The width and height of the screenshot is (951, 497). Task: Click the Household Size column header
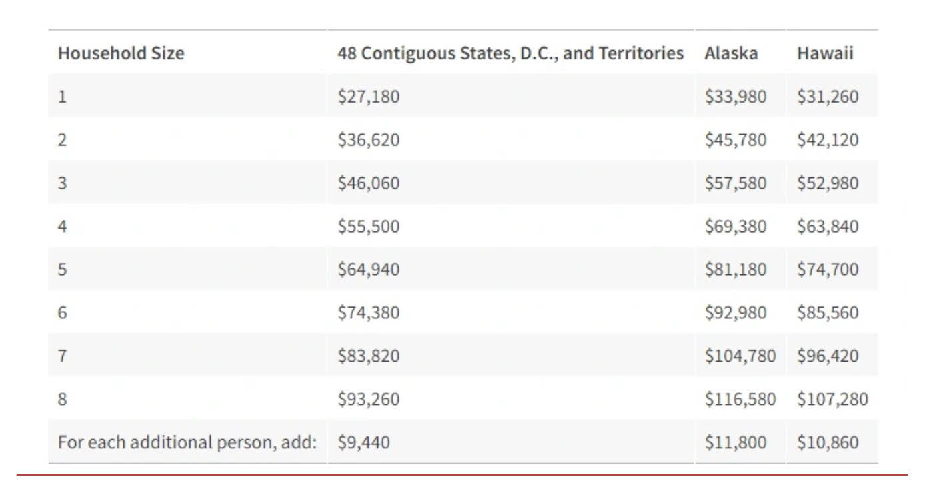121,53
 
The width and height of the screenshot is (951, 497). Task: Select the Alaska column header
730,53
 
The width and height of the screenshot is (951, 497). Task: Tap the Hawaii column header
824,53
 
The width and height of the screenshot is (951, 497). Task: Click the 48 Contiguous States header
510,53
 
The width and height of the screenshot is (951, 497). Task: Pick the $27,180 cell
368,97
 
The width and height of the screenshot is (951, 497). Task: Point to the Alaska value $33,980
735,97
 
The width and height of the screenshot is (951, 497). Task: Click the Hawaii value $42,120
827,140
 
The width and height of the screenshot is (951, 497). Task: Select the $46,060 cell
368,183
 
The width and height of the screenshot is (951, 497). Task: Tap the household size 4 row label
62,227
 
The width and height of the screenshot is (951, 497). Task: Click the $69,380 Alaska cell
735,227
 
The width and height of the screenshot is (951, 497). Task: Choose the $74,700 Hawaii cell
827,270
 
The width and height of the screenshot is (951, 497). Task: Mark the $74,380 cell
368,312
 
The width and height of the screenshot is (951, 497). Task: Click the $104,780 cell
740,356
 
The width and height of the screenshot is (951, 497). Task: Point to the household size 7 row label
62,356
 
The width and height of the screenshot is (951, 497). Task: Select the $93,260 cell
368,399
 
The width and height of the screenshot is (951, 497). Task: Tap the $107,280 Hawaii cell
832,399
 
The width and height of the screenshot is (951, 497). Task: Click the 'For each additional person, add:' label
187,442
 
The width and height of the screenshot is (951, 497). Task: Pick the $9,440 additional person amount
363,442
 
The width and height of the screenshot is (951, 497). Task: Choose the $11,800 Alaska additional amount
735,442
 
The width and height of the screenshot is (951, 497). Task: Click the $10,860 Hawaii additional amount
827,442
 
